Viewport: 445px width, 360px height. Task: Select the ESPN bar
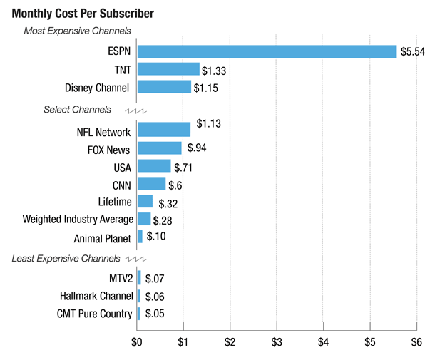point(266,51)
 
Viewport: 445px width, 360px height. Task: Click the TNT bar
point(168,69)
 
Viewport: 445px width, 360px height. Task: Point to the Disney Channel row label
point(96,88)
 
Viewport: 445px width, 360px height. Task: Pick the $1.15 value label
point(205,88)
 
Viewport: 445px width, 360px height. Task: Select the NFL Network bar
point(163,130)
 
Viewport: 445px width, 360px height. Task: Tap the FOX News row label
point(108,150)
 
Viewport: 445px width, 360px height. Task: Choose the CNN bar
point(151,184)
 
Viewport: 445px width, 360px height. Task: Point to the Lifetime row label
point(114,202)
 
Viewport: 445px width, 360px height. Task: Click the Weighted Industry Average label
point(78,220)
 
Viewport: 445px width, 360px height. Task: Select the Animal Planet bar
point(140,237)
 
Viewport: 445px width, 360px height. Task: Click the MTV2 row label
point(118,278)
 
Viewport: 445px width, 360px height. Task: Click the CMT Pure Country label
point(94,314)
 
